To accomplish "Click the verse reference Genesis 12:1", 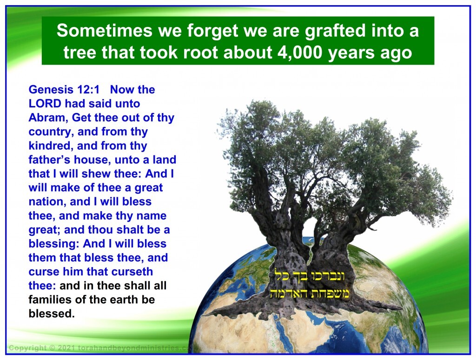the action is tap(64, 90).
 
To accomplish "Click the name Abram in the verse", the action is tap(48, 118).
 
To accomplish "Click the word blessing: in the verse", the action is tap(54, 244).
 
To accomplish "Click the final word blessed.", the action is tap(52, 313).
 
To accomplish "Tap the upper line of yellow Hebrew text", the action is tap(310, 276).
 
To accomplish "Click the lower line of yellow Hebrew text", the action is tap(310, 293).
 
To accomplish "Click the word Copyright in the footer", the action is tap(28, 348).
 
